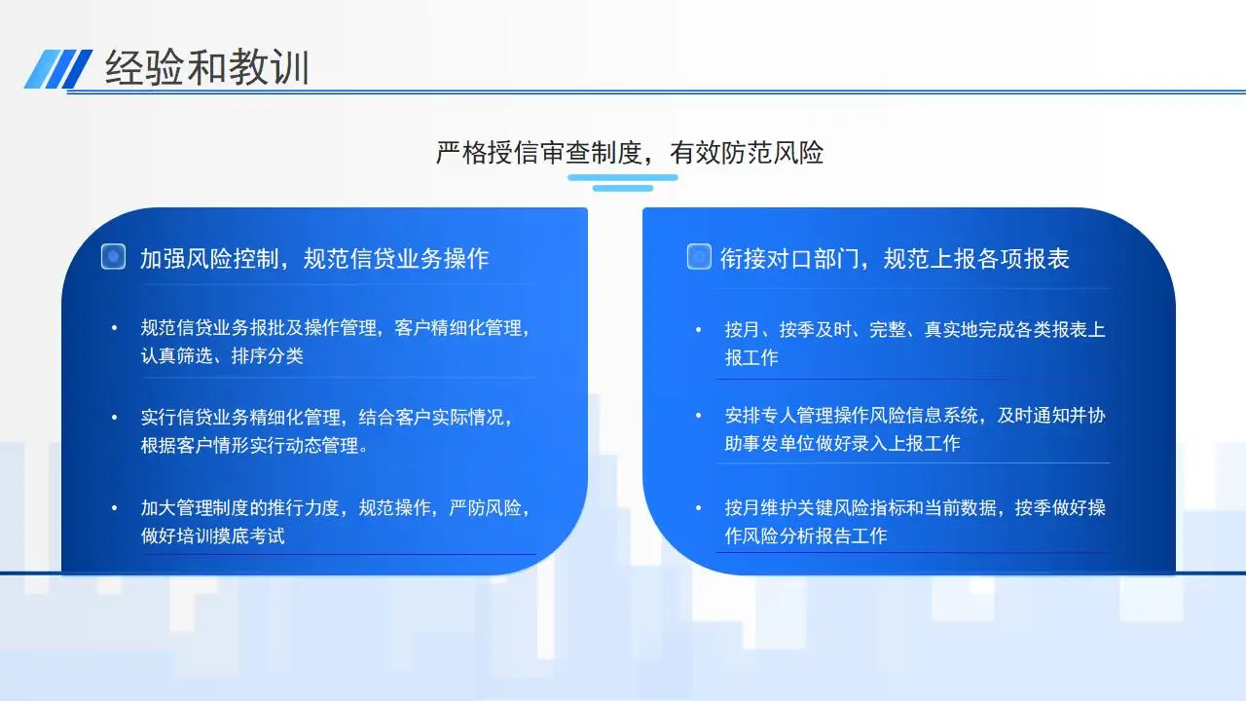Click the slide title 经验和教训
tap(207, 67)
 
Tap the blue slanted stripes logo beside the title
tap(58, 69)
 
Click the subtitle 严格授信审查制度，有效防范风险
tap(629, 153)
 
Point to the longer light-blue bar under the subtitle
tap(622, 177)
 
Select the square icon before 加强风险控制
tap(114, 256)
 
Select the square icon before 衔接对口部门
tap(699, 256)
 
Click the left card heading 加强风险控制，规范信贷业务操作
tap(314, 259)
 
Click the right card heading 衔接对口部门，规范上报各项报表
tap(895, 259)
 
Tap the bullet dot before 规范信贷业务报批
tap(115, 328)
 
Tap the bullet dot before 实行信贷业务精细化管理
tap(115, 418)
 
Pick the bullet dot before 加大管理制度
tap(115, 508)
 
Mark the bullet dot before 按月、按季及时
tap(699, 330)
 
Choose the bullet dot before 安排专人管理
tap(699, 416)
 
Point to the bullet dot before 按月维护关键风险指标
tap(699, 508)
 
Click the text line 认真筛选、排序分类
tap(222, 356)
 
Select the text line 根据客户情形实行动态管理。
tap(254, 446)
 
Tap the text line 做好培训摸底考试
tap(212, 535)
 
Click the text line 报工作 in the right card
tap(751, 357)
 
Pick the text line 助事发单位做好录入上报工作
tap(842, 443)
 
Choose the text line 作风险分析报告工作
tap(805, 535)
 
